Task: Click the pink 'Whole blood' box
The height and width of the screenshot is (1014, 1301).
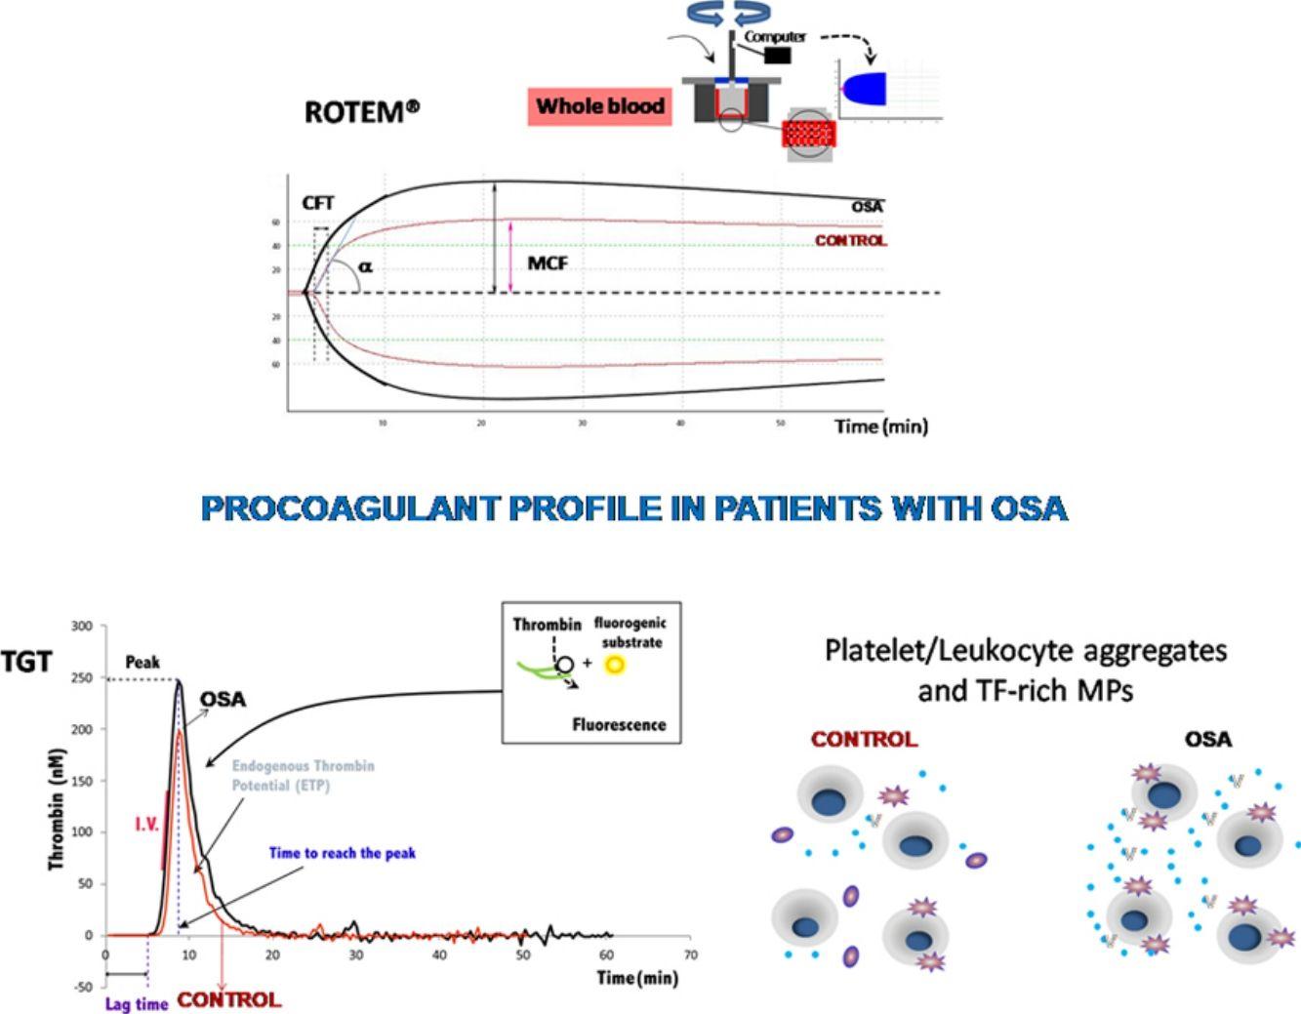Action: coord(599,106)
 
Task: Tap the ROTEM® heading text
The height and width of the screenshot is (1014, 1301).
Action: coord(362,111)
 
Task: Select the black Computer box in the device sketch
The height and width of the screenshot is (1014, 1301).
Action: coord(777,55)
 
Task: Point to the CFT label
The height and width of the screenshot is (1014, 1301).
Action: coord(318,203)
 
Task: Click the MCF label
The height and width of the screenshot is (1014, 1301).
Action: coord(548,263)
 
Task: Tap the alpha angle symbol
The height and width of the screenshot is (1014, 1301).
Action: coord(365,265)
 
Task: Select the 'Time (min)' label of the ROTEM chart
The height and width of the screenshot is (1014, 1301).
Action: coord(880,426)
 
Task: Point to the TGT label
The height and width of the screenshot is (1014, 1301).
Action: coord(26,663)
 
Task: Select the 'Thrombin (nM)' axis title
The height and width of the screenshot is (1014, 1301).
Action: coord(58,809)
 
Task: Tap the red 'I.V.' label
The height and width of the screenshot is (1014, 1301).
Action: coord(147,825)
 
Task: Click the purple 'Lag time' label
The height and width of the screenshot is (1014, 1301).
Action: coord(137,1003)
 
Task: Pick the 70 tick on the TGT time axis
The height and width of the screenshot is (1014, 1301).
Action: coord(691,953)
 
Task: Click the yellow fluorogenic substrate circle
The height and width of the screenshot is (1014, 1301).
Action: coord(614,665)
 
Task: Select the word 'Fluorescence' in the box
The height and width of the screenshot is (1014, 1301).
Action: coord(619,725)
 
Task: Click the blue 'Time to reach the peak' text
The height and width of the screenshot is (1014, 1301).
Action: coord(342,853)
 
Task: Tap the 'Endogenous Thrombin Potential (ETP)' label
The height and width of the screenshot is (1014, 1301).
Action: coord(303,776)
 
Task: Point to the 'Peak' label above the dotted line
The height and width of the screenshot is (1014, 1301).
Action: coord(142,662)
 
